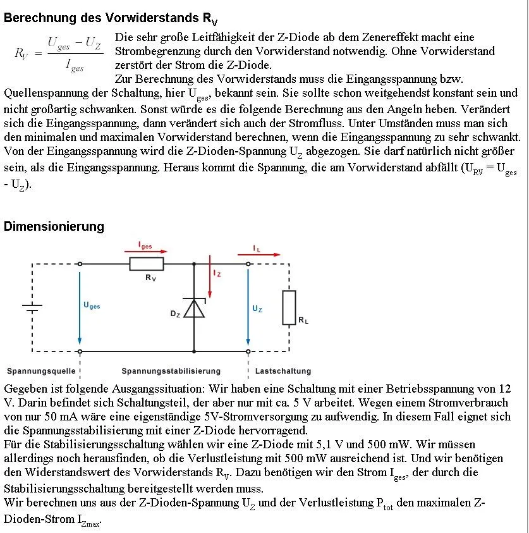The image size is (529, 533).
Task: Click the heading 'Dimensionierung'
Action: pyautogui.click(x=54, y=226)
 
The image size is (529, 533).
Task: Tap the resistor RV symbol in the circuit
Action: pyautogui.click(x=146, y=264)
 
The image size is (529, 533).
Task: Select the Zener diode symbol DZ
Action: pyautogui.click(x=193, y=307)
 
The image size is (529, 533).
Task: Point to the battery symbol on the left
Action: pyautogui.click(x=32, y=308)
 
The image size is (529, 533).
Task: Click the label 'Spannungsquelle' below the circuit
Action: pyautogui.click(x=41, y=371)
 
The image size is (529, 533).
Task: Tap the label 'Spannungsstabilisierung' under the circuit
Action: pyautogui.click(x=171, y=371)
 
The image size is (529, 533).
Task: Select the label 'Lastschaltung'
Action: pyautogui.click(x=283, y=371)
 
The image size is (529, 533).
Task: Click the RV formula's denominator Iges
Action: pyautogui.click(x=75, y=64)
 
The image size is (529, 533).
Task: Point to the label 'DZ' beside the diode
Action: pyautogui.click(x=175, y=314)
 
